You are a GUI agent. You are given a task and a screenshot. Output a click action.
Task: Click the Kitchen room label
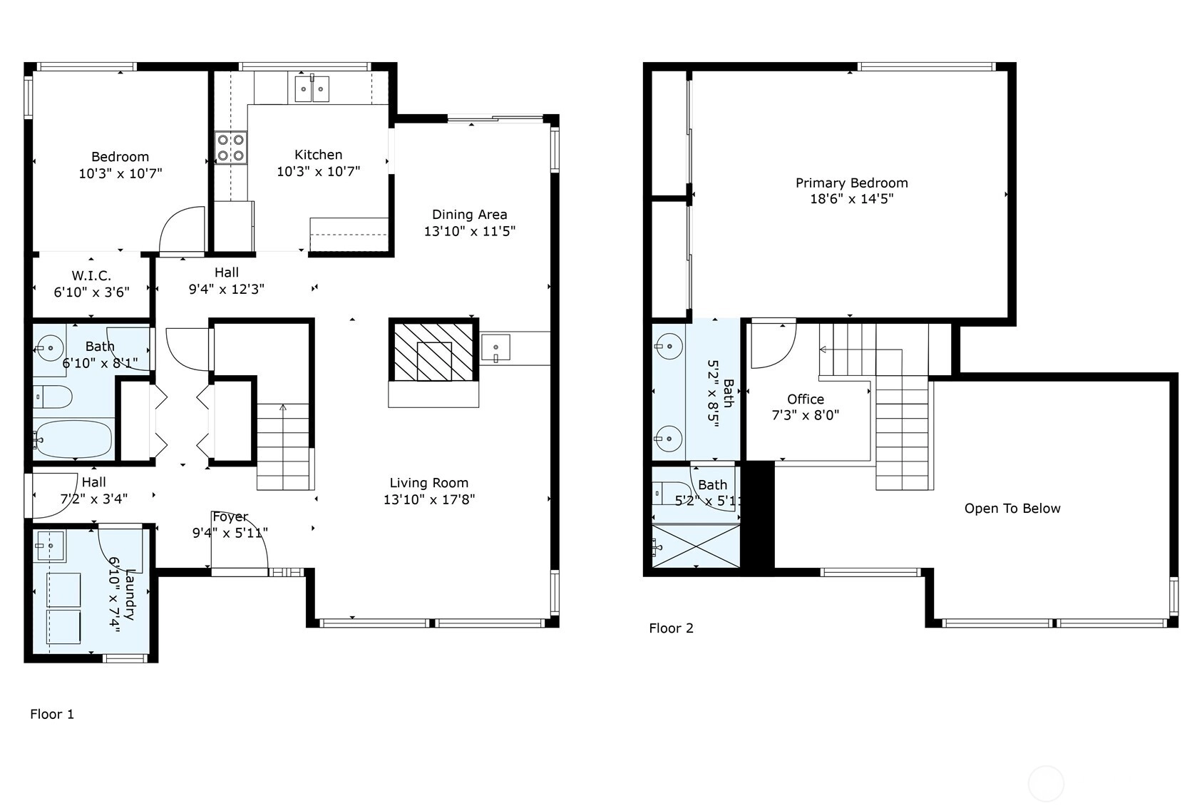tap(318, 155)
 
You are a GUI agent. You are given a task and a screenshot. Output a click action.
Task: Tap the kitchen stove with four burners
tap(231, 148)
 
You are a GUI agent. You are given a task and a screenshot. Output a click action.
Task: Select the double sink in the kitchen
tap(312, 88)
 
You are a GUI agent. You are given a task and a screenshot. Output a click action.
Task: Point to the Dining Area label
tap(470, 215)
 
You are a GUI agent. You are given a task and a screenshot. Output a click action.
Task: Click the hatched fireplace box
tap(433, 350)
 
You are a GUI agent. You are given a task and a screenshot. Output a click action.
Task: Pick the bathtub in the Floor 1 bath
tap(73, 439)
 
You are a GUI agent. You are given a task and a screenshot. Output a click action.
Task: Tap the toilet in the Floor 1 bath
tap(52, 397)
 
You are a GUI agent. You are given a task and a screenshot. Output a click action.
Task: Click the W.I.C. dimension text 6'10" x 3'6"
tap(92, 292)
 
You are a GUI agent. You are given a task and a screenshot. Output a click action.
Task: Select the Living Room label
tap(428, 483)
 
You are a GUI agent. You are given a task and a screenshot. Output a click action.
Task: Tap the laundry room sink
tap(50, 546)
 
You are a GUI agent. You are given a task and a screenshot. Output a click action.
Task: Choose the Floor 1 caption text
tap(52, 714)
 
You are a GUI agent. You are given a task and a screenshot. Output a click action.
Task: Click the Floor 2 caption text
tap(672, 628)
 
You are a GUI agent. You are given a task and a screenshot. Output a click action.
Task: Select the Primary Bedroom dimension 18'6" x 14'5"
tap(852, 199)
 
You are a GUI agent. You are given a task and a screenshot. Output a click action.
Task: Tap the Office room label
tap(806, 399)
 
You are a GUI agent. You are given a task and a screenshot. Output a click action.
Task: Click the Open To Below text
tap(1012, 509)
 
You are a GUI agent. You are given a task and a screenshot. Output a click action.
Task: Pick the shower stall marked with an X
tap(696, 546)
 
